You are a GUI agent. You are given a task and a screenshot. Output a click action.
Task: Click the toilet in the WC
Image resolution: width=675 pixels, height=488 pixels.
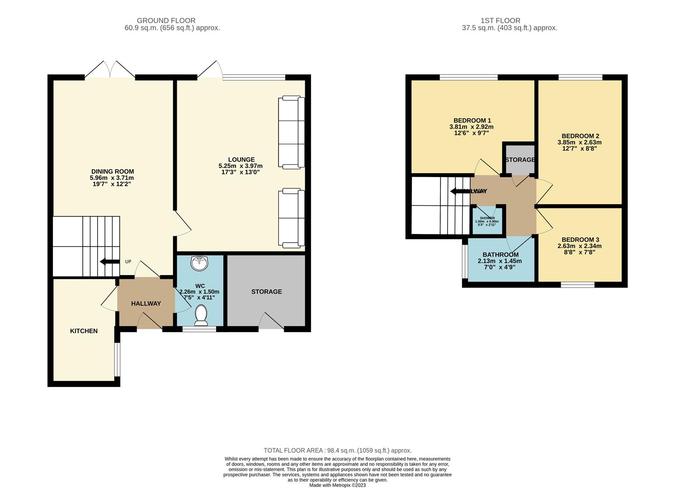pyautogui.click(x=200, y=314)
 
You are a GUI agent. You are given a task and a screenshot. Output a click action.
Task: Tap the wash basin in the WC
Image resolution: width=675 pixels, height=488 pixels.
pyautogui.click(x=199, y=263)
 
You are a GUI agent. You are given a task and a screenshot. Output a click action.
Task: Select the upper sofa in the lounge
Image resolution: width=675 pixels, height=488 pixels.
pyautogui.click(x=291, y=132)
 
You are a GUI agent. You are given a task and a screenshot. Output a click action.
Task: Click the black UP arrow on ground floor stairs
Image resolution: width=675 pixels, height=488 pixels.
pyautogui.click(x=109, y=262)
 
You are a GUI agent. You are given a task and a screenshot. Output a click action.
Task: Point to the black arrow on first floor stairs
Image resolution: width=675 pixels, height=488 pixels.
pyautogui.click(x=460, y=191)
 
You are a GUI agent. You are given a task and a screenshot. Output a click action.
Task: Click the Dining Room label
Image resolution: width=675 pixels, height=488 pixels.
pyautogui.click(x=113, y=171)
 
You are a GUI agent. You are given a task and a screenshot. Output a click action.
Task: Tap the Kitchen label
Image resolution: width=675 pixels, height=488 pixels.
pyautogui.click(x=84, y=331)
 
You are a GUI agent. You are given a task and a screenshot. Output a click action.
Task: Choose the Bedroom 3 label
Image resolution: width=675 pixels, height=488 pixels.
pyautogui.click(x=580, y=239)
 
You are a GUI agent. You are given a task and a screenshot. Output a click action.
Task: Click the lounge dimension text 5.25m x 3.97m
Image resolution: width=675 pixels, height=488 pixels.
pyautogui.click(x=241, y=166)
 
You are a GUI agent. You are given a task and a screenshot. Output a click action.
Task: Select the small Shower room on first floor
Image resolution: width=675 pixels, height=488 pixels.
pyautogui.click(x=487, y=221)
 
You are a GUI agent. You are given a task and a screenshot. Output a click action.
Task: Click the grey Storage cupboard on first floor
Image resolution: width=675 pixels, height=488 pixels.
pyautogui.click(x=520, y=160)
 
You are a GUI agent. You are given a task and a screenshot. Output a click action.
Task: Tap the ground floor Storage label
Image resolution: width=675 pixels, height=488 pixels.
pyautogui.click(x=266, y=291)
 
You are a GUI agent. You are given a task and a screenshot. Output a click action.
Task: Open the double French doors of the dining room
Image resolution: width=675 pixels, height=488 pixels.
pyautogui.click(x=110, y=70)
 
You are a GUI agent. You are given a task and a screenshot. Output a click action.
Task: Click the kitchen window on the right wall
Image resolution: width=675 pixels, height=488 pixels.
pyautogui.click(x=117, y=359)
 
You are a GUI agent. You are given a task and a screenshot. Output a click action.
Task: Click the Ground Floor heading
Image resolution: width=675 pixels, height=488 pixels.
pyautogui.click(x=166, y=20)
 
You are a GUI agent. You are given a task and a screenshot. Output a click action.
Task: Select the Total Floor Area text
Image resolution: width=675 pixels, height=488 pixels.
pyautogui.click(x=337, y=450)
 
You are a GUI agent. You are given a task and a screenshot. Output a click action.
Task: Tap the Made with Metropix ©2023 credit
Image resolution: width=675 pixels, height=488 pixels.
pyautogui.click(x=337, y=485)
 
